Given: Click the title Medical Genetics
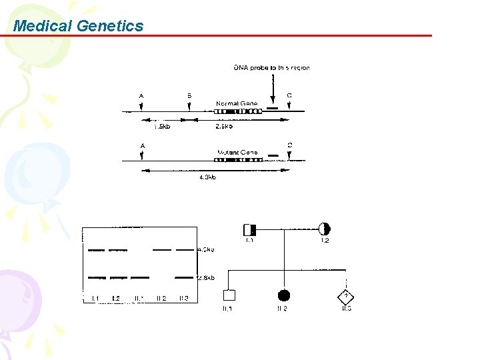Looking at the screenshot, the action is click(78, 26).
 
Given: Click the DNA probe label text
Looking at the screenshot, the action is click(271, 67).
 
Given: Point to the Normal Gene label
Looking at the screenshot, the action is click(236, 103).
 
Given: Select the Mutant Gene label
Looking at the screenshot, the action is click(237, 153).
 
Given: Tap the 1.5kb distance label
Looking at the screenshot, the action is click(161, 126).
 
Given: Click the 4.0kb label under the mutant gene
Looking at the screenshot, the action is click(207, 177).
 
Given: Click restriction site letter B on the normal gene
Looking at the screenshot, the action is click(189, 95).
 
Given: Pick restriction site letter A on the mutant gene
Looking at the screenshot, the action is click(142, 145).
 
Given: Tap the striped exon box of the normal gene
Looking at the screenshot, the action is click(237, 111).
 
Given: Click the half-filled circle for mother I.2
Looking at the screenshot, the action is click(325, 229).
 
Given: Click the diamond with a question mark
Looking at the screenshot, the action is click(346, 295).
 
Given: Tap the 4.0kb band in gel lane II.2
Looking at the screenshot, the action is click(161, 249).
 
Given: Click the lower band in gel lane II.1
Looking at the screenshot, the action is click(139, 277).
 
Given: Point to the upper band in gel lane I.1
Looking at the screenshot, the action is click(96, 250).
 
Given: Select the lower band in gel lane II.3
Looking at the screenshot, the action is click(184, 277).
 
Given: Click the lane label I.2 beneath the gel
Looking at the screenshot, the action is click(116, 298).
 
